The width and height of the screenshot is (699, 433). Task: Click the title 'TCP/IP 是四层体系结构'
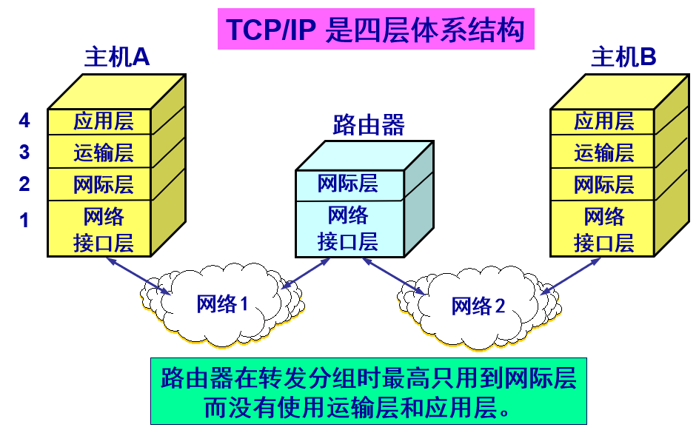[x=375, y=30]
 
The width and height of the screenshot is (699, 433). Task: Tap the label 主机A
[x=117, y=58]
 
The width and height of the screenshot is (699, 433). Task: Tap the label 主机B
[x=623, y=58]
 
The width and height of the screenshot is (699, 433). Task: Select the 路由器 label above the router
[x=369, y=125]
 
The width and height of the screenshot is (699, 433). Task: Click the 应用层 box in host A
[x=104, y=121]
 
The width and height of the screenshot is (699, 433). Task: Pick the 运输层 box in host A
[x=104, y=152]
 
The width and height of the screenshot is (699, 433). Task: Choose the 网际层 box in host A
[x=104, y=184]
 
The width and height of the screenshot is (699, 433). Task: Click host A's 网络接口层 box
[x=104, y=229]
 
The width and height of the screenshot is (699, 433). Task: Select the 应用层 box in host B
[x=603, y=121]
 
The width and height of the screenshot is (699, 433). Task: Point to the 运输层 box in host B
[x=603, y=152]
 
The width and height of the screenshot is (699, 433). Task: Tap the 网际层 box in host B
[x=603, y=184]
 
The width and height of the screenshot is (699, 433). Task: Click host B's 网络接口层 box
[x=603, y=229]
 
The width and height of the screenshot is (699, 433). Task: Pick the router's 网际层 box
[x=348, y=184]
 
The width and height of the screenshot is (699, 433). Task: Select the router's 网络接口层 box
[x=348, y=228]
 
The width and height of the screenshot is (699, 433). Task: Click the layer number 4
[x=24, y=120]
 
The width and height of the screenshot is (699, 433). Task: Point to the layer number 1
[x=24, y=220]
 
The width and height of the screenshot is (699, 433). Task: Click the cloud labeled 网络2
[x=478, y=306]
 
